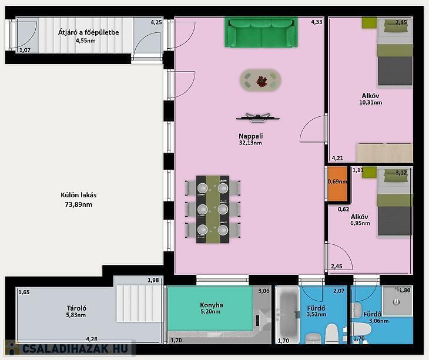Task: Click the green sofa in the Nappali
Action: [x=262, y=32]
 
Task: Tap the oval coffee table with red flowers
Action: [x=260, y=80]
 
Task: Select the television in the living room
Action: [x=258, y=117]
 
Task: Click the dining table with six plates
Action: [x=213, y=209]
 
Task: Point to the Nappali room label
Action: [x=250, y=136]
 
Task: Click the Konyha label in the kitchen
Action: [x=211, y=305]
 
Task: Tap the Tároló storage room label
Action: [x=76, y=308]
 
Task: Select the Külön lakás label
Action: [x=79, y=195]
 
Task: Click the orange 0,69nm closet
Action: [x=337, y=184]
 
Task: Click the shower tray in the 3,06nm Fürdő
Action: [x=397, y=301]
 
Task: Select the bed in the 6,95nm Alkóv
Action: [x=395, y=202]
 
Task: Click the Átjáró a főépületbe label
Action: [x=88, y=32]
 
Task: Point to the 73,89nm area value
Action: [x=79, y=204]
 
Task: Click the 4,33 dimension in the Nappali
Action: [x=317, y=22]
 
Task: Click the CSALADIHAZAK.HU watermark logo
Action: [x=70, y=348]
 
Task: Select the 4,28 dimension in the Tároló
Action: [x=92, y=339]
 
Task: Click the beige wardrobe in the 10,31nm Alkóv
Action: [x=384, y=153]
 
